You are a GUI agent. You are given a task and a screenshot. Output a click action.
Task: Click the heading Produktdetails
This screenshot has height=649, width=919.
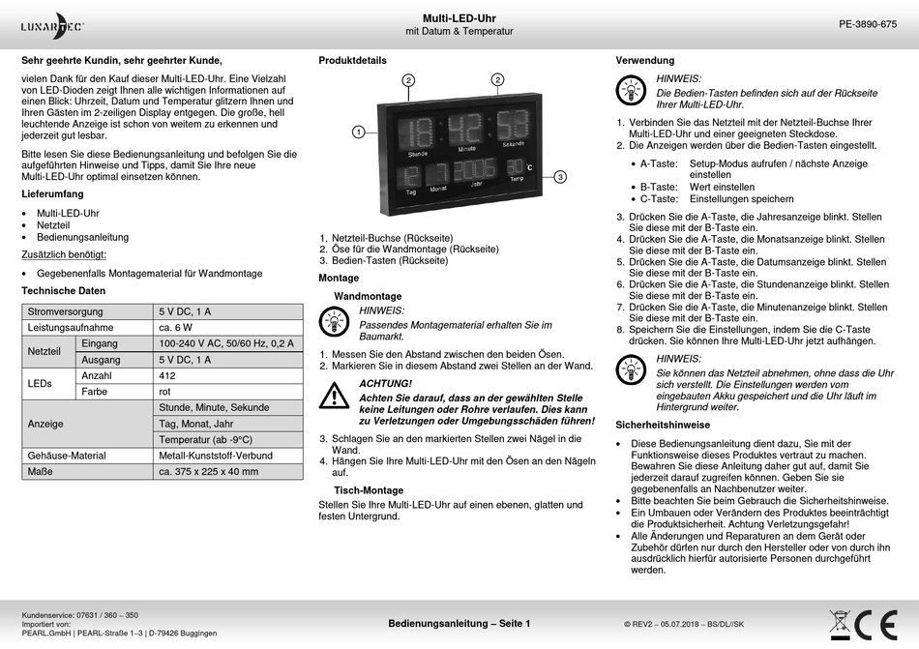pyautogui.click(x=352, y=61)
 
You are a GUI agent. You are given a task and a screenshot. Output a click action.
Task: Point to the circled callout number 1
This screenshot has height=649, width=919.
pyautogui.click(x=358, y=131)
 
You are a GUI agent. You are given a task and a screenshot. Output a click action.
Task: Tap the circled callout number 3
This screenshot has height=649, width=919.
pyautogui.click(x=560, y=176)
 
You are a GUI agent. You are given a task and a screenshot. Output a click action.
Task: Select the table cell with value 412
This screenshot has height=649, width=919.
pyautogui.click(x=168, y=375)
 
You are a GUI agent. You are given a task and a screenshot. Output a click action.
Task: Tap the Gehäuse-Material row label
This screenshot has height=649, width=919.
pyautogui.click(x=67, y=456)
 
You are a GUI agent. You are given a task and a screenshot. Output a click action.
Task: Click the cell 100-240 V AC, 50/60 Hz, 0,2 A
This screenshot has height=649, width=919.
pyautogui.click(x=226, y=343)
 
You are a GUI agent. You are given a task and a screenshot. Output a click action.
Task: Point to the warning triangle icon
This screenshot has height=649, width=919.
pyautogui.click(x=335, y=394)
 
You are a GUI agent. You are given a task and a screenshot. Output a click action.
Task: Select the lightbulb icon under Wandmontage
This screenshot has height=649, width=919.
pyautogui.click(x=335, y=319)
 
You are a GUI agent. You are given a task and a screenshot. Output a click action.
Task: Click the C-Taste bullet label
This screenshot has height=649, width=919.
pyautogui.click(x=658, y=199)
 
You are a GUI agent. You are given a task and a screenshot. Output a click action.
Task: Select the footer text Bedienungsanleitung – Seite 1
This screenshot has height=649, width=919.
pyautogui.click(x=459, y=624)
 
